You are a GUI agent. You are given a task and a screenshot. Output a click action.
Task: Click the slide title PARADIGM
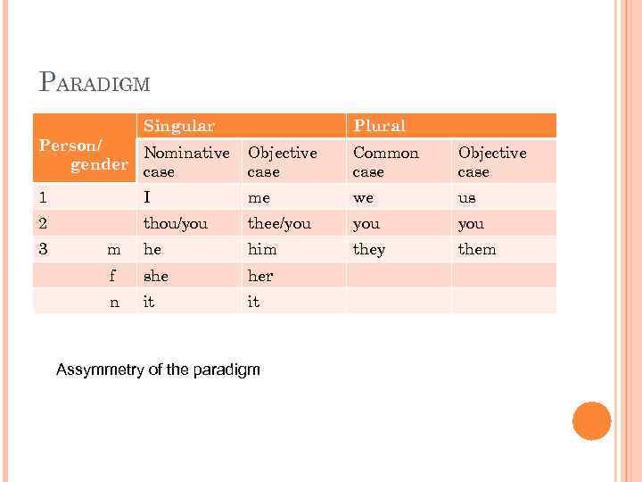tap(95, 83)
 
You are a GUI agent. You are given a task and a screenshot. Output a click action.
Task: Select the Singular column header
tap(179, 126)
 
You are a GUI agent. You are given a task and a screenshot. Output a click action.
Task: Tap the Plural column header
tap(379, 126)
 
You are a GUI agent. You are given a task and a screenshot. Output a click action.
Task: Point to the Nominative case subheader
tap(186, 162)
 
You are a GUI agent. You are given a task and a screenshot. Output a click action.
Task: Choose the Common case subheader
tap(385, 162)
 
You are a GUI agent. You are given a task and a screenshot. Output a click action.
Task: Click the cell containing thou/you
tap(175, 224)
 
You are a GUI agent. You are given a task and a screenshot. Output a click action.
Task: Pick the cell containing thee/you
tap(279, 224)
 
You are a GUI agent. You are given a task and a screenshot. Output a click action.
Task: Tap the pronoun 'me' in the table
tap(259, 198)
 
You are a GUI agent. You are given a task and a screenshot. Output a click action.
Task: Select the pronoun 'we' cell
tap(363, 198)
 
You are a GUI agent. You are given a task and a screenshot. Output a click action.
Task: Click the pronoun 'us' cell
tap(466, 198)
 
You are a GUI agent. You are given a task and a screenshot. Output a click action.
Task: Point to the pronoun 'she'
tap(156, 276)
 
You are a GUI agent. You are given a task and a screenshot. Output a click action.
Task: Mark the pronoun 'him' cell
tap(262, 250)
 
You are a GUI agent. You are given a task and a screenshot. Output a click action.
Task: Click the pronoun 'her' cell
tap(260, 276)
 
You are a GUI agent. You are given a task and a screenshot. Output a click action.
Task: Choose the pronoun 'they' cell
tap(368, 250)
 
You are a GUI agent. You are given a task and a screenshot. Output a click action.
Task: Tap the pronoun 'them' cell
tap(476, 250)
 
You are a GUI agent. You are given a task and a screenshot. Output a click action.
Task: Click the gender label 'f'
tap(113, 276)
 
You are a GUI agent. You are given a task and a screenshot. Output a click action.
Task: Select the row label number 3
tap(43, 249)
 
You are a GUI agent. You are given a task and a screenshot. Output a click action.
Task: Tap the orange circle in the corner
tap(591, 421)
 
